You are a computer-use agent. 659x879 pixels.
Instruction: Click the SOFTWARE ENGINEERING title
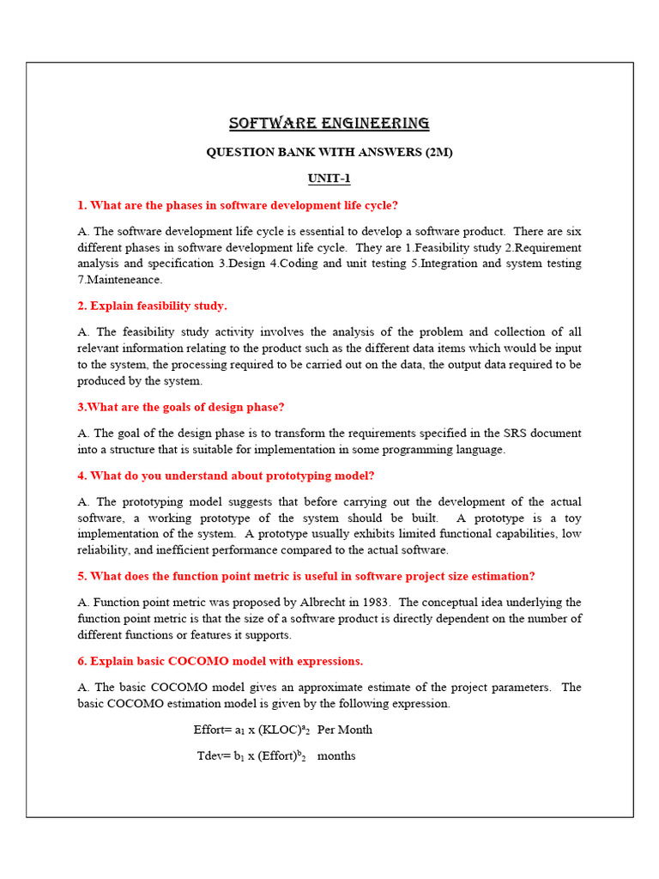[x=329, y=124]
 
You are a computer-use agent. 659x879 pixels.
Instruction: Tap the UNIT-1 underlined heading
[x=329, y=179]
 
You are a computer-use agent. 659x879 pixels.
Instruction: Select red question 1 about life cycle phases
[x=238, y=205]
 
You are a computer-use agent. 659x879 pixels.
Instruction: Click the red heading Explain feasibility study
[x=152, y=306]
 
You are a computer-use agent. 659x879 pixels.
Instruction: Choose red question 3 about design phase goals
[x=180, y=407]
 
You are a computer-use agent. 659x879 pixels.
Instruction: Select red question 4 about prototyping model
[x=226, y=476]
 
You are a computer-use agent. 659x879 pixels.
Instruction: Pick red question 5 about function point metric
[x=306, y=576]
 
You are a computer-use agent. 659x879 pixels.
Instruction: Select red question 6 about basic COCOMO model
[x=220, y=661]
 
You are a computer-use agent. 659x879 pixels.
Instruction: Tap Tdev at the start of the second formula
[x=211, y=756]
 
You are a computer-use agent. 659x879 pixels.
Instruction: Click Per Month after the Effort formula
[x=345, y=730]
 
